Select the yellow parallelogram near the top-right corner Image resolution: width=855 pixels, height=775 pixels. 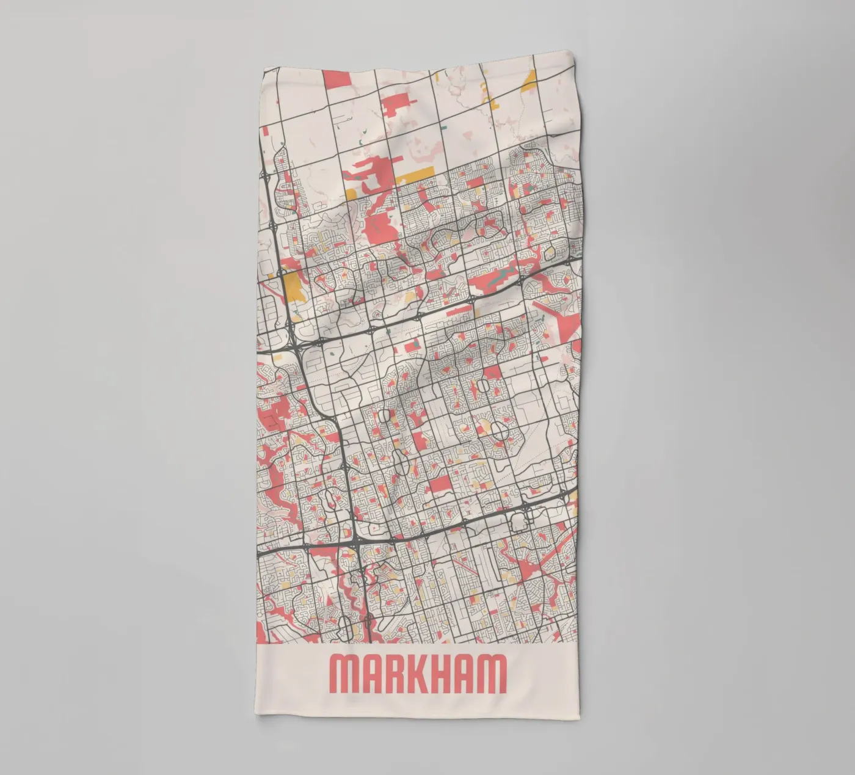point(529,79)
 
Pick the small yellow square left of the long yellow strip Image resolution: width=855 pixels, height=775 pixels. point(351,194)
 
